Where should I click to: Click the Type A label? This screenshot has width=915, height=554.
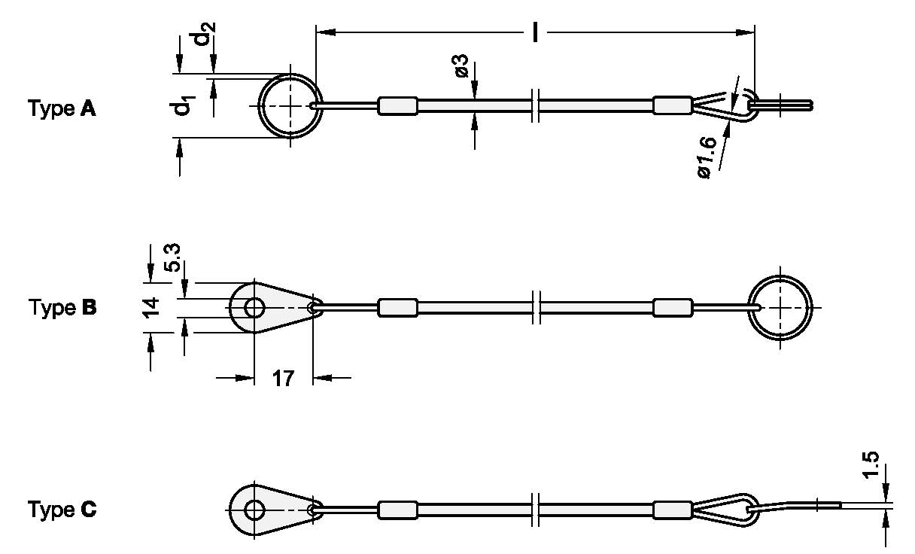point(62,109)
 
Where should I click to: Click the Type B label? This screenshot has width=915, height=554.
point(62,308)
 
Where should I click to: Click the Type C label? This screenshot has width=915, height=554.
point(62,510)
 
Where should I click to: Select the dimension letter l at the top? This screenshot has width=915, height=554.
point(536,32)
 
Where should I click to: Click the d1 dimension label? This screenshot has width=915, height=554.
point(181,107)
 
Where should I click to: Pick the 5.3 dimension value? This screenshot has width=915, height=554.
point(172,260)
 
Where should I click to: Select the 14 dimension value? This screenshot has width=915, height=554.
point(151,308)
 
